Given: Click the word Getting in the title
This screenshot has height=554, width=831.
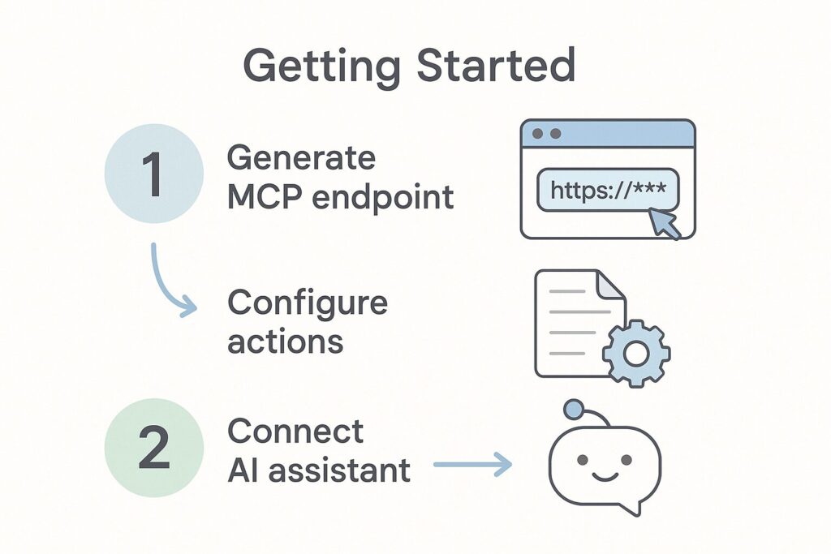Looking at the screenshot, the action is [321, 67].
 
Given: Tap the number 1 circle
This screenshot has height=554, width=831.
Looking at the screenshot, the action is [153, 174].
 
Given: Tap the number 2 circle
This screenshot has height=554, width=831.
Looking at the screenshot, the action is [153, 448].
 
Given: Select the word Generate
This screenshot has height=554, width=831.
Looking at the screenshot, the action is [302, 158].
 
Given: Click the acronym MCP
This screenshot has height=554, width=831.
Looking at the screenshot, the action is [265, 197].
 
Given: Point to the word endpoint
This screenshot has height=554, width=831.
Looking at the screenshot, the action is [383, 198].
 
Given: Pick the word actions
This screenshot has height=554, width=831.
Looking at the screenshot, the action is [285, 342].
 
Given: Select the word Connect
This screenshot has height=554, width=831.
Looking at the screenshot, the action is [295, 432].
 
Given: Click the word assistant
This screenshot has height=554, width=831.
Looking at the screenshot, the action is [339, 470].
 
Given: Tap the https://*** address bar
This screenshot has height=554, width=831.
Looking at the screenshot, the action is [608, 190].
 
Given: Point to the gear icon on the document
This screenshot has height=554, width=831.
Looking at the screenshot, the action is [636, 354].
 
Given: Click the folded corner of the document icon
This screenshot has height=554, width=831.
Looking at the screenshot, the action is [611, 284].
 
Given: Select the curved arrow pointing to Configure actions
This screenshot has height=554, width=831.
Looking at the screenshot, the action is [161, 286].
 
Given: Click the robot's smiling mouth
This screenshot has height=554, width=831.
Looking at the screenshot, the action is [604, 477].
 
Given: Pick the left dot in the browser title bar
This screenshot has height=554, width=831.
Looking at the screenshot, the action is [537, 134].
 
